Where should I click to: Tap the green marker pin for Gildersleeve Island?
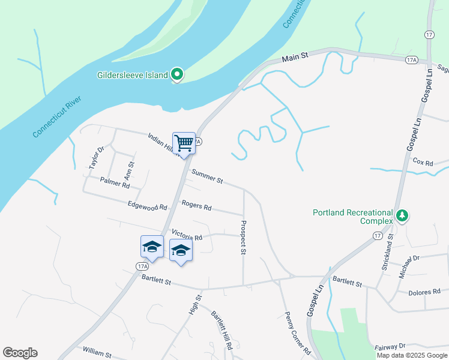coord(177,74)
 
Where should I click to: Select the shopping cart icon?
coord(184,143)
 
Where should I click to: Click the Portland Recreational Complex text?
coord(353,217)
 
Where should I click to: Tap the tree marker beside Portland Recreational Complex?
coord(403,215)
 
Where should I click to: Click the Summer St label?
coord(207,176)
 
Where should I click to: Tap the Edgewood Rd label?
coord(147,206)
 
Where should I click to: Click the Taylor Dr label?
coord(96,158)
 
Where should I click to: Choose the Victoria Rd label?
coord(187,234)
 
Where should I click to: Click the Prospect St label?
coord(243,238)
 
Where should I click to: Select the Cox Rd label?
coord(423,161)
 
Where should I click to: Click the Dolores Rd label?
coord(424,293)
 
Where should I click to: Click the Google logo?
coord(20,353)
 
